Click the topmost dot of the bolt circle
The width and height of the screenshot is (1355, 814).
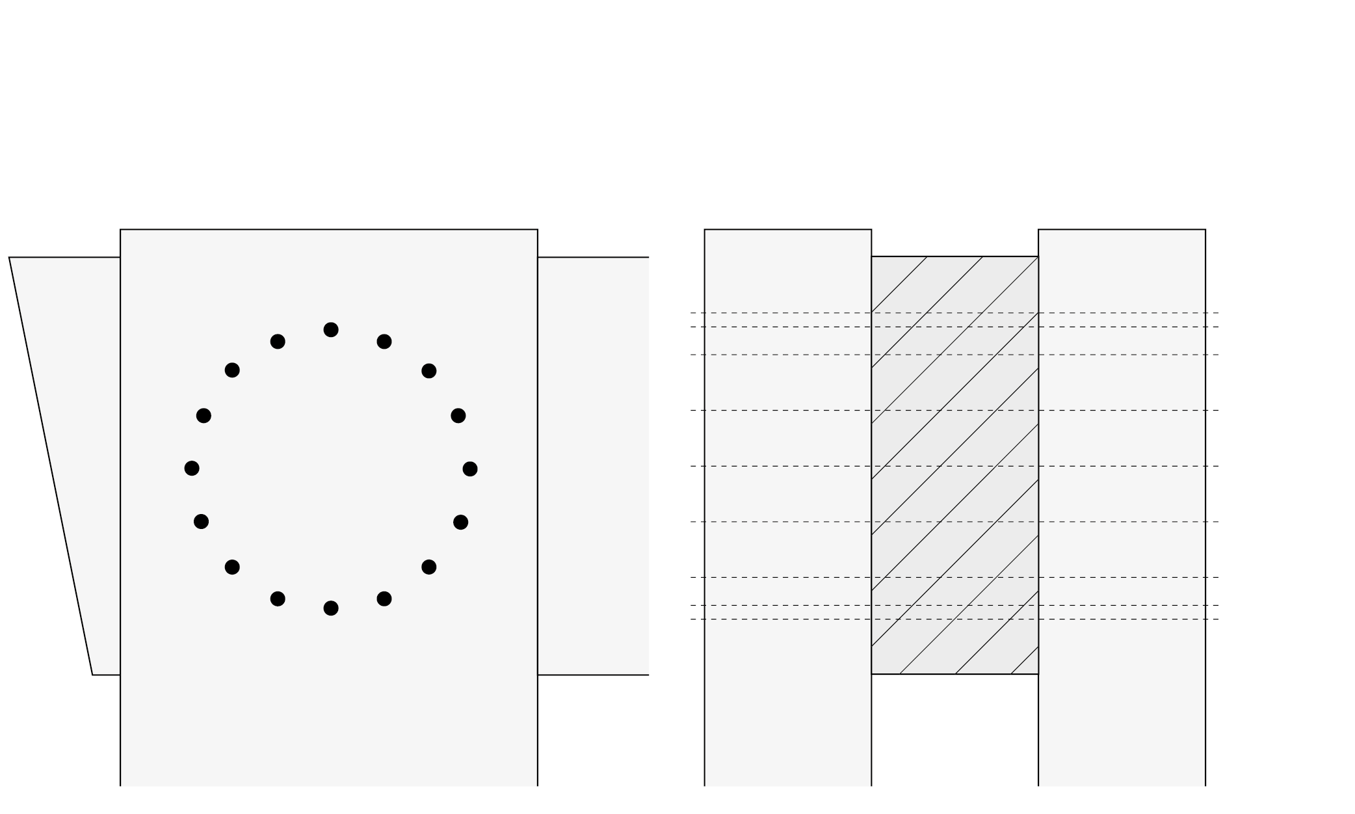(x=331, y=330)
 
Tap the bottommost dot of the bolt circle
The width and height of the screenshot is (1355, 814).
(x=331, y=608)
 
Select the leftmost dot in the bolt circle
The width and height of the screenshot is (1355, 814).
(x=192, y=468)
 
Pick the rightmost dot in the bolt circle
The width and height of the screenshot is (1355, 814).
(x=470, y=469)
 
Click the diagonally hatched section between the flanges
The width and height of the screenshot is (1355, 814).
(x=954, y=465)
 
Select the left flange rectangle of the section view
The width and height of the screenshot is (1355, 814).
(x=787, y=508)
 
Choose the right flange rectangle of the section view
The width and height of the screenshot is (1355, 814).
(x=1122, y=508)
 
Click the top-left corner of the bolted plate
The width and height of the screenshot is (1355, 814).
(x=120, y=230)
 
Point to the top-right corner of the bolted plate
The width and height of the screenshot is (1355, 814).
(x=538, y=230)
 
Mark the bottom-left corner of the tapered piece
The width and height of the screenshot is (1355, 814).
(x=92, y=675)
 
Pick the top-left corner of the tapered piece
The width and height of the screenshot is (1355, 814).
(x=9, y=258)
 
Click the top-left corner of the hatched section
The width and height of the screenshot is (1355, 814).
(x=872, y=257)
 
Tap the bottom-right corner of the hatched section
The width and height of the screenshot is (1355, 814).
(x=1038, y=674)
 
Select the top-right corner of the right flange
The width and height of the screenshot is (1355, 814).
(x=1205, y=230)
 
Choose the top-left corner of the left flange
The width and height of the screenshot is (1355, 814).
(x=705, y=230)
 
